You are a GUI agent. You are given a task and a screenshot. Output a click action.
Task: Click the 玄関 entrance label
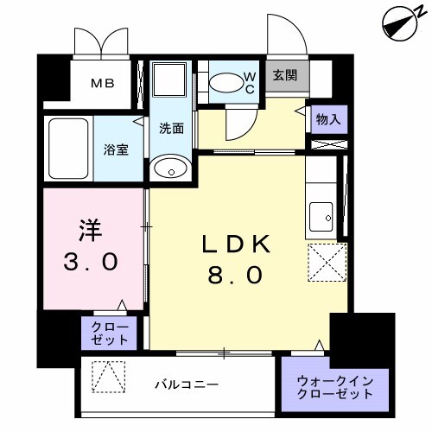point(284,75)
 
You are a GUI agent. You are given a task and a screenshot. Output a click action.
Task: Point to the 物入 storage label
point(329,118)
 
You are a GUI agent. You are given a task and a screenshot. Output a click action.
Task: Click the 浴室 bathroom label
point(117,149)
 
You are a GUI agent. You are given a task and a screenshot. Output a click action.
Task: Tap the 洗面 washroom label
point(170,129)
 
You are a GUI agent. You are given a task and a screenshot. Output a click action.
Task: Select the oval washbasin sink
point(170,168)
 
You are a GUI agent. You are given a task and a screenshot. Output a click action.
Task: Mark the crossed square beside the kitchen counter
point(327,261)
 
